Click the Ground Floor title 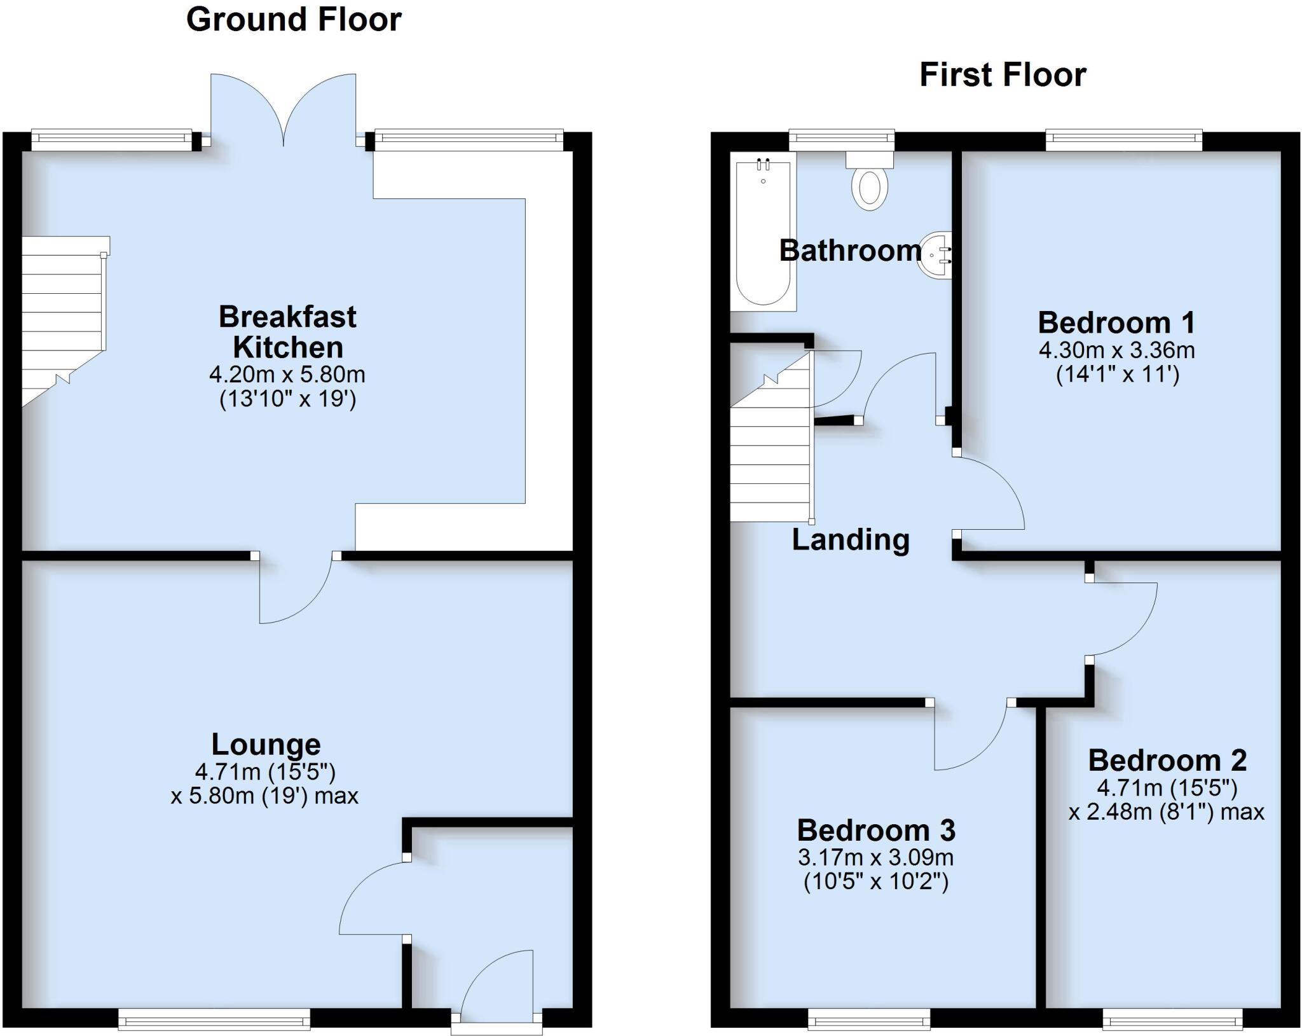pos(294,20)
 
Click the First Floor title pos(1003,75)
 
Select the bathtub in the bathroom pos(763,232)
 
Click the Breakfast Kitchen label pos(287,331)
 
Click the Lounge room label pos(266,743)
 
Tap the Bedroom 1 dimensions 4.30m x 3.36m pos(1116,350)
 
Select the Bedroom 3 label pos(875,830)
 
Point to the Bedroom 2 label pos(1167,760)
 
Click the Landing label pos(850,539)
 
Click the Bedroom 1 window pos(1123,140)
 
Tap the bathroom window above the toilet pos(841,140)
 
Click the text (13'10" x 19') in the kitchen pos(287,399)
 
